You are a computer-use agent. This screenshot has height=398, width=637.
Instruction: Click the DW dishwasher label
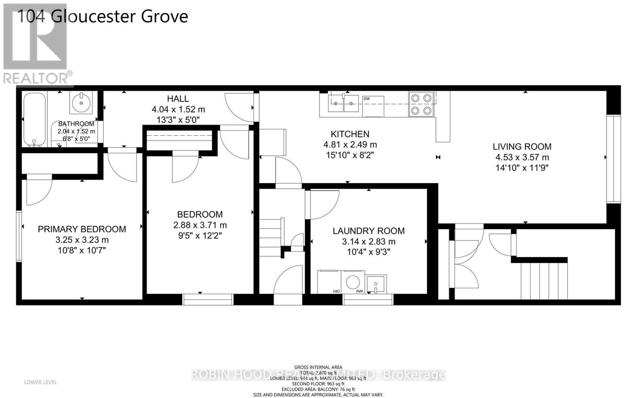pyautogui.click(x=367, y=99)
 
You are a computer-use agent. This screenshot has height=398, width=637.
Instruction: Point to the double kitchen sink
pyautogui.click(x=344, y=103)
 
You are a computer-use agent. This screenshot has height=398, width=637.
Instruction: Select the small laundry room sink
pyautogui.click(x=376, y=284)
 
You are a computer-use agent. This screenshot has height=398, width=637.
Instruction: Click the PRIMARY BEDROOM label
pyautogui.click(x=82, y=229)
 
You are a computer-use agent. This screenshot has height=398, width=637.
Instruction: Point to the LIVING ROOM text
pyautogui.click(x=522, y=146)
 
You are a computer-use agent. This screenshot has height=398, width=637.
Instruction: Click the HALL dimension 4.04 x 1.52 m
pyautogui.click(x=178, y=109)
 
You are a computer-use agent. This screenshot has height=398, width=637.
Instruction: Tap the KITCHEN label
pyautogui.click(x=350, y=134)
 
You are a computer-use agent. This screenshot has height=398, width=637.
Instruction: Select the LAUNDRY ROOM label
pyautogui.click(x=369, y=231)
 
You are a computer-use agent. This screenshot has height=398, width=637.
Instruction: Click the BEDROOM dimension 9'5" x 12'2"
pyautogui.click(x=200, y=236)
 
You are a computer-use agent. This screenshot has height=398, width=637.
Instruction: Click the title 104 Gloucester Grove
pyautogui.click(x=102, y=17)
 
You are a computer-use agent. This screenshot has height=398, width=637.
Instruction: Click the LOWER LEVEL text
pyautogui.click(x=41, y=382)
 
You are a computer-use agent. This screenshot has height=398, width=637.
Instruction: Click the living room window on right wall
pyautogui.click(x=614, y=159)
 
